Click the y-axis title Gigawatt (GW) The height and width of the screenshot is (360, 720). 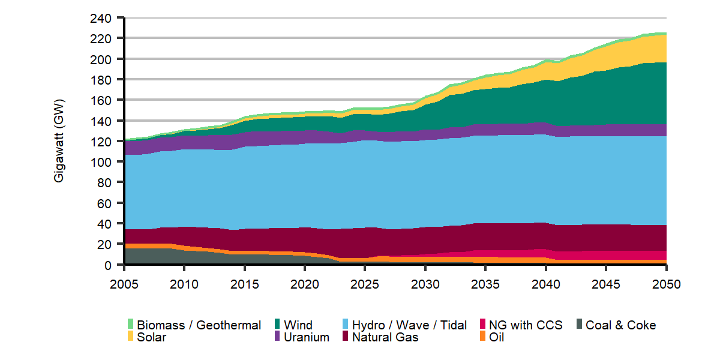[x=59, y=141]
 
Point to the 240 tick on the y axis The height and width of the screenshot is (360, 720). [x=100, y=18]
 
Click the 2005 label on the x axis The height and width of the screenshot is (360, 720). [x=125, y=284]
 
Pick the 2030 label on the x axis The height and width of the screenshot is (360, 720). [x=425, y=284]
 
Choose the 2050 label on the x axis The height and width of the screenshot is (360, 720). [x=665, y=284]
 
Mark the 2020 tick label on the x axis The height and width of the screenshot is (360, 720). [x=305, y=284]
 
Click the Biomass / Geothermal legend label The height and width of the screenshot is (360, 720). [x=199, y=325]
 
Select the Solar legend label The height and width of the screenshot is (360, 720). [x=151, y=337]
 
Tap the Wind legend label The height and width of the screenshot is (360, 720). [x=298, y=325]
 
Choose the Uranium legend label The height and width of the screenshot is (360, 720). [x=307, y=337]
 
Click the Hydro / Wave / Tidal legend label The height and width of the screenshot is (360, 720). [x=409, y=325]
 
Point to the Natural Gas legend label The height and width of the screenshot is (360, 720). [x=385, y=337]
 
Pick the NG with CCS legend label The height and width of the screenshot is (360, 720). [x=526, y=325]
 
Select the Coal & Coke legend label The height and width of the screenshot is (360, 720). [x=620, y=325]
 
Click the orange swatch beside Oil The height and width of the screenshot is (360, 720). [x=483, y=337]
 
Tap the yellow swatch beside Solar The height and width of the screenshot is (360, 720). [x=130, y=337]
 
